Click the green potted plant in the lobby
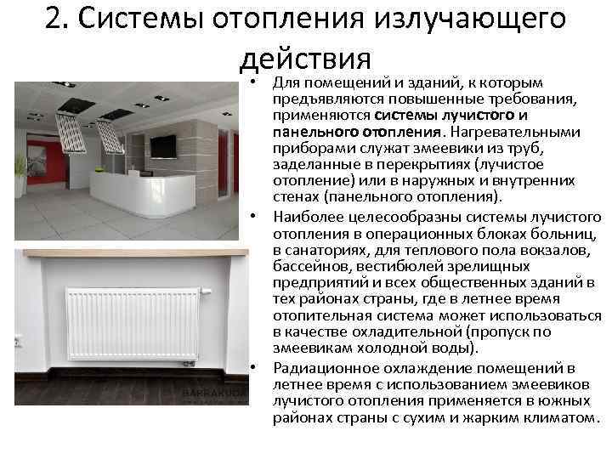19,163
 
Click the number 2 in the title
56,19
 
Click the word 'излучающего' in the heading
475,19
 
